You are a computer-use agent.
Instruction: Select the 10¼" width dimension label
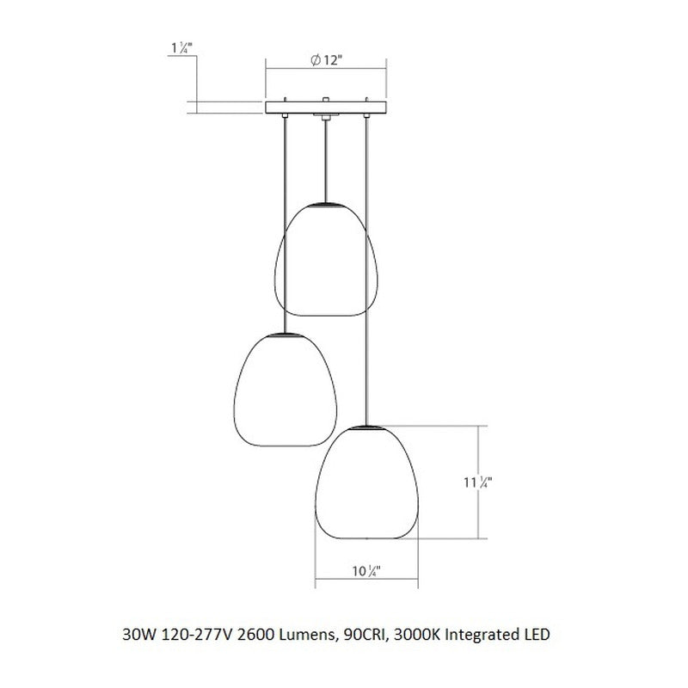[x=367, y=569]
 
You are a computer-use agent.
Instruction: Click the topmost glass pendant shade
[x=326, y=258]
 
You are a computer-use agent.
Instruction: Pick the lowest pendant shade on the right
[x=367, y=482]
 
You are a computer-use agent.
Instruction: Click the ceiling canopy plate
[x=326, y=107]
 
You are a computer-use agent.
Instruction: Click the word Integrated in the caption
[x=484, y=636]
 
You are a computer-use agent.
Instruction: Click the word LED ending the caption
[x=536, y=636]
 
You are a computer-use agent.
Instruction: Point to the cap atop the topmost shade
[x=326, y=205]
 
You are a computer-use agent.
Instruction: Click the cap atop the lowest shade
[x=367, y=426]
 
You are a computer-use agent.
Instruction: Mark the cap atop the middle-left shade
[x=283, y=334]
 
